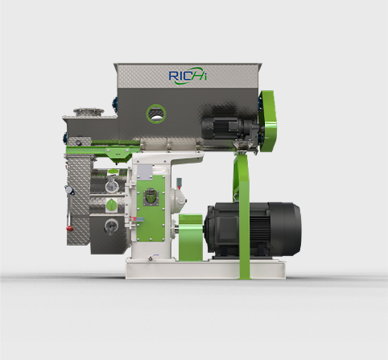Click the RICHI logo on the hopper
pyautogui.click(x=188, y=76)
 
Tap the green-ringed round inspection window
pyautogui.click(x=156, y=114)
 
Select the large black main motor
pyautogui.click(x=253, y=229)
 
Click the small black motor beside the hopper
pyautogui.click(x=230, y=128)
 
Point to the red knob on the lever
pyautogui.click(x=70, y=228)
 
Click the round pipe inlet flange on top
pyautogui.click(x=89, y=111)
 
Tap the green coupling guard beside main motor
pyautogui.click(x=191, y=238)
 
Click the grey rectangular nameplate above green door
pyautogui.click(x=145, y=172)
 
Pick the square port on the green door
pyautogui.click(x=151, y=197)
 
